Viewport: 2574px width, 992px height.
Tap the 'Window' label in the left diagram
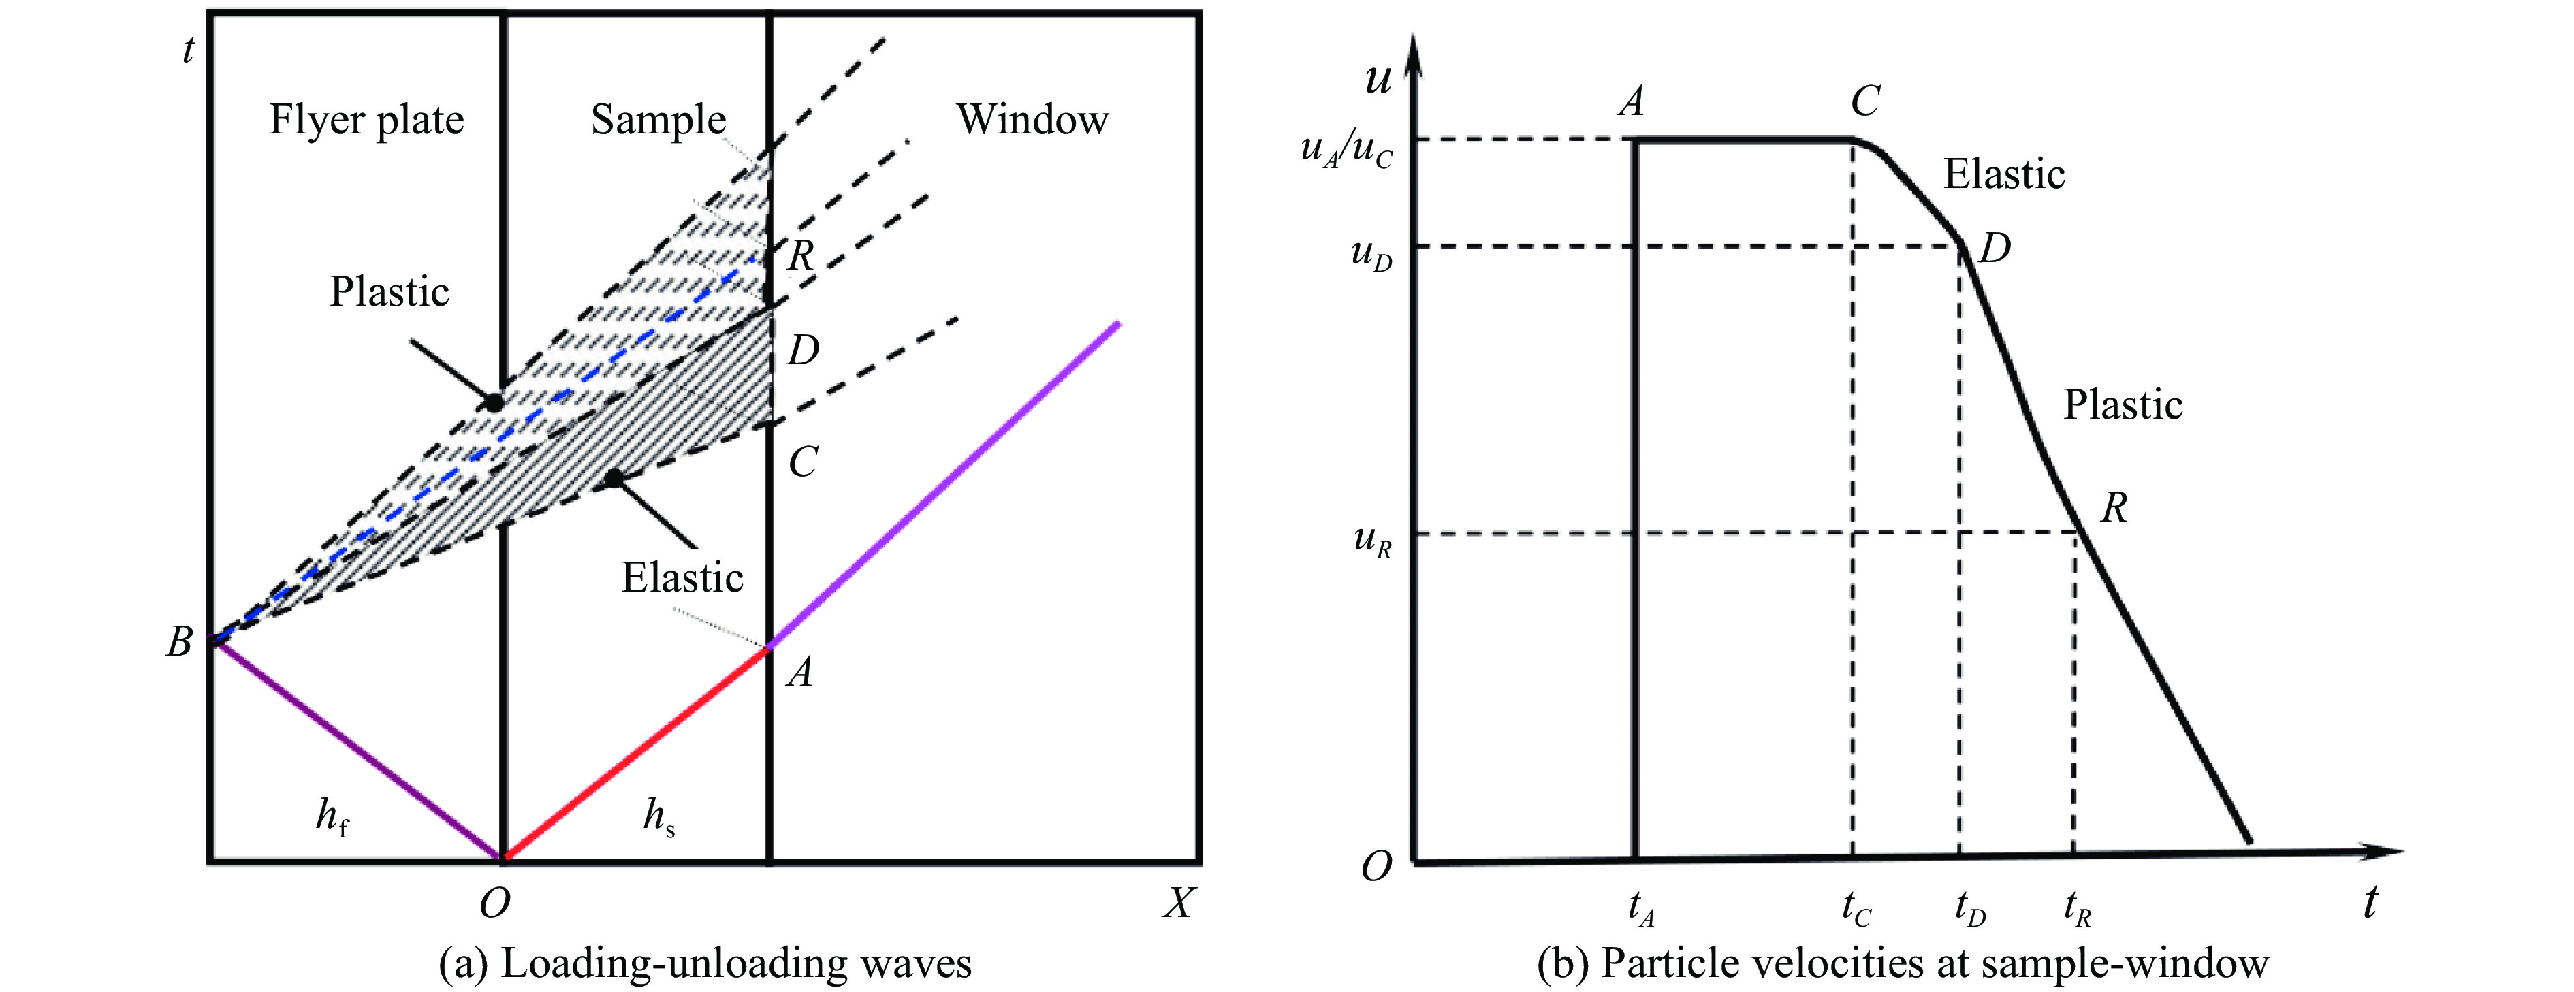point(1032,120)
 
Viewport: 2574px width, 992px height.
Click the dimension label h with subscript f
point(332,817)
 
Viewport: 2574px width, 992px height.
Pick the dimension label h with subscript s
point(658,817)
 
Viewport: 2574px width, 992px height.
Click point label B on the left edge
point(179,641)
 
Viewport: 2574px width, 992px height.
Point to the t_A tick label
point(1640,907)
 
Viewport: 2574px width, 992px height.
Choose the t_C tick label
point(1856,907)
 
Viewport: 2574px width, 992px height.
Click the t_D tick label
point(1969,907)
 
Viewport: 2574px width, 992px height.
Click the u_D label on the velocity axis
point(1371,254)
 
